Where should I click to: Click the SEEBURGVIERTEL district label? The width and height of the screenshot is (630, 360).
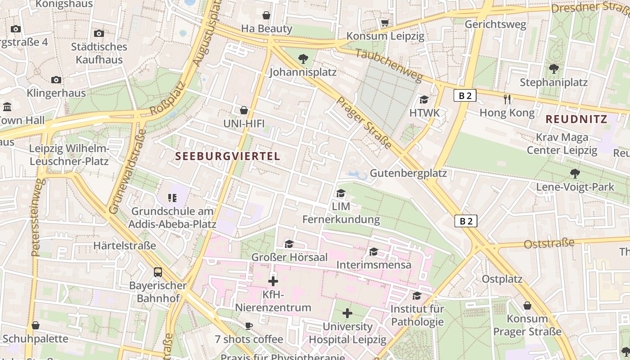(227, 157)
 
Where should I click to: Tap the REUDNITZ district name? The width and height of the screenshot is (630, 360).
(576, 120)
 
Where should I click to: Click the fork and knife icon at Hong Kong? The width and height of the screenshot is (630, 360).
(507, 99)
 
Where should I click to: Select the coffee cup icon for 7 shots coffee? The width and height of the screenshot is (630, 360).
(249, 326)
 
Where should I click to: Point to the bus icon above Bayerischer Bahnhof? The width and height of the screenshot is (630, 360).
(158, 272)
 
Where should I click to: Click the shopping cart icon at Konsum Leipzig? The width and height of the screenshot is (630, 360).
(385, 22)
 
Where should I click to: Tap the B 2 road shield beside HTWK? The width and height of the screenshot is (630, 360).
(465, 95)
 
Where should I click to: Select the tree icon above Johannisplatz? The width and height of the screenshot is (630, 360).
(303, 58)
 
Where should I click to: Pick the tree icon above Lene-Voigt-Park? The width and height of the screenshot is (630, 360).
(575, 173)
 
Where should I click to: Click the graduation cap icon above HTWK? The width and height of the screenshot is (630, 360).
(424, 99)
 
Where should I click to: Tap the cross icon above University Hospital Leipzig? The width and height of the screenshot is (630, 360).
(347, 313)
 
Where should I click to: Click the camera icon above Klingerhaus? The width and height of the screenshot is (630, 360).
(56, 80)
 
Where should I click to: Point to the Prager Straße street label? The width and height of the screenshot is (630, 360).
(364, 123)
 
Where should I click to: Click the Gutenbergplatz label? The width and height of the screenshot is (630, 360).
(408, 173)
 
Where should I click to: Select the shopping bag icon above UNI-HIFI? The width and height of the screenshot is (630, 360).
(243, 110)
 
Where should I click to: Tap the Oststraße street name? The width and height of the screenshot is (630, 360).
(549, 243)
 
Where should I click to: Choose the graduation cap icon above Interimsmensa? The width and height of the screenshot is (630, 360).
(373, 252)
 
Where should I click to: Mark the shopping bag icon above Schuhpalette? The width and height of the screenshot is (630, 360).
(36, 325)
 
